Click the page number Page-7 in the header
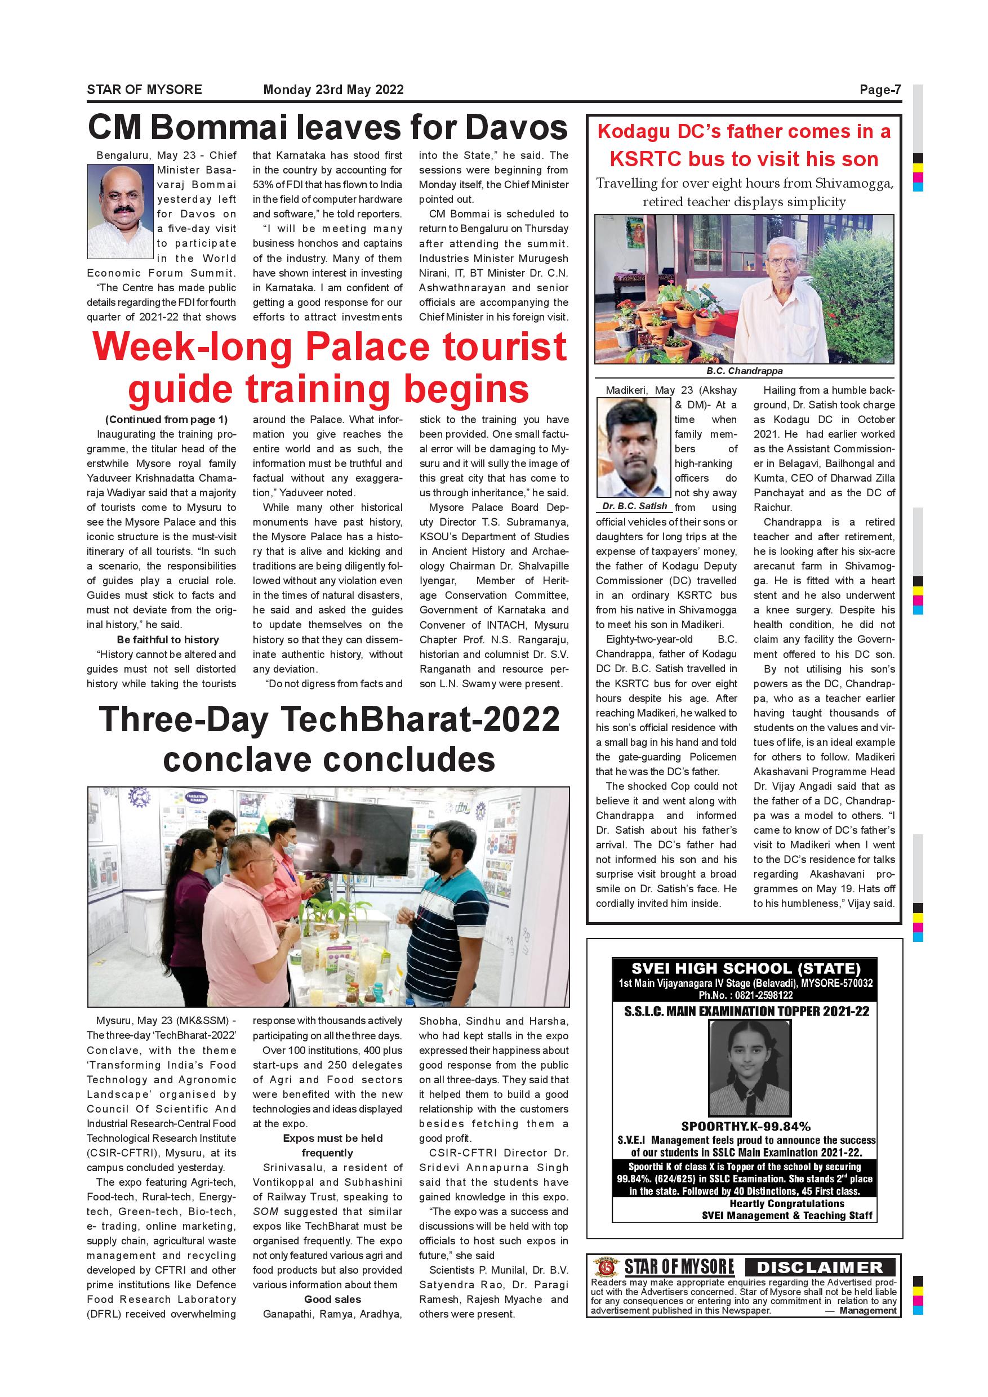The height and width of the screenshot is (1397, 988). [x=880, y=90]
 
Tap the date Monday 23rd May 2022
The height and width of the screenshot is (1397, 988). [x=333, y=90]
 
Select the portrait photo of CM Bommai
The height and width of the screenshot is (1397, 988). [x=120, y=211]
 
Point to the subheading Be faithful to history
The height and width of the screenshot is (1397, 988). [x=168, y=639]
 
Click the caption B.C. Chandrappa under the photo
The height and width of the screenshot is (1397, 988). [x=744, y=371]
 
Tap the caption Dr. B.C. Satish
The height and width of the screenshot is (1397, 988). [x=634, y=506]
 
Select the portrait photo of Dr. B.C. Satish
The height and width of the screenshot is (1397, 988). [x=634, y=448]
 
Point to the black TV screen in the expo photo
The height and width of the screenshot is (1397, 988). [x=352, y=826]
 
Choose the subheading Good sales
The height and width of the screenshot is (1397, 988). [x=333, y=1299]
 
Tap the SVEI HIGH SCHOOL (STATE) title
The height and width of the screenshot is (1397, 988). [x=745, y=968]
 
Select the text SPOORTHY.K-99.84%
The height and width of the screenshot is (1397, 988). [x=745, y=1126]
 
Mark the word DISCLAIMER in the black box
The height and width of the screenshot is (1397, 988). [x=820, y=1267]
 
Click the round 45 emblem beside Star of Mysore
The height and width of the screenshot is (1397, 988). [x=606, y=1267]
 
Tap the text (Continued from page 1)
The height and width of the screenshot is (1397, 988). [x=166, y=419]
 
